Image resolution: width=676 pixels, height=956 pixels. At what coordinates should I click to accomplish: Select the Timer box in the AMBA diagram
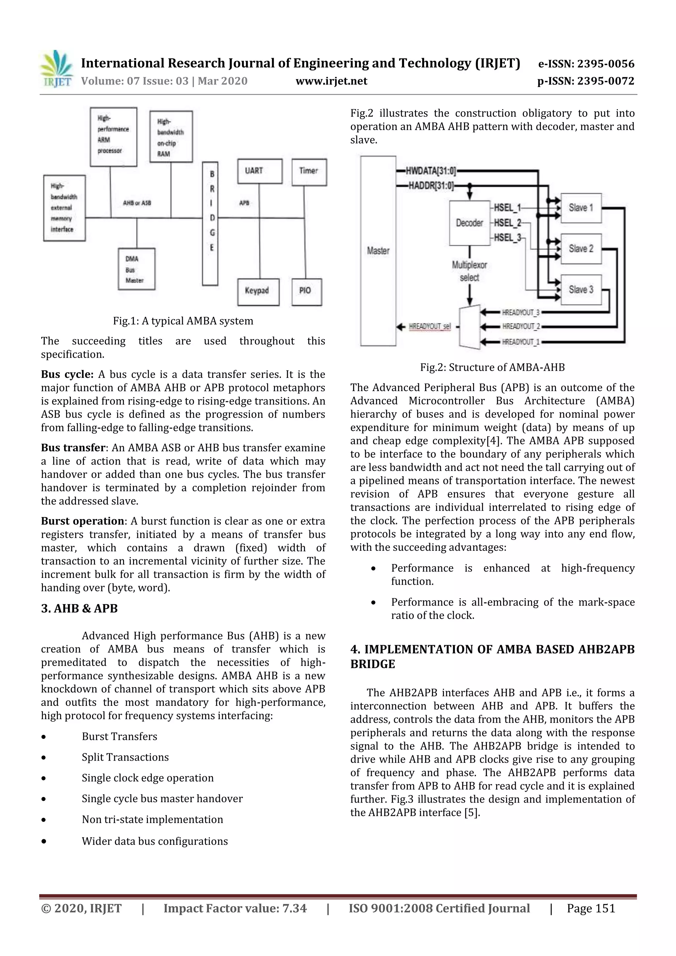tap(309, 172)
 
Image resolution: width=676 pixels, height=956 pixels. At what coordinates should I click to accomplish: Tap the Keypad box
tap(258, 291)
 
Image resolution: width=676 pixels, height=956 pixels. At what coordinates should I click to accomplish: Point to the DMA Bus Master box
tap(136, 269)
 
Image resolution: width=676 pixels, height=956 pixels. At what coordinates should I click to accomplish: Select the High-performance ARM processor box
tap(113, 137)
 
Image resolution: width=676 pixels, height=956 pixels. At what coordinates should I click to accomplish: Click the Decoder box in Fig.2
tap(469, 223)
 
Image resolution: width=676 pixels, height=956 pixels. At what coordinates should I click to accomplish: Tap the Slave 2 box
tap(581, 248)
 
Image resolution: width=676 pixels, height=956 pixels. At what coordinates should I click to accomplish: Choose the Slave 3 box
tap(581, 289)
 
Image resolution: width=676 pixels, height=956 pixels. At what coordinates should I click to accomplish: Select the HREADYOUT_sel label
tap(429, 326)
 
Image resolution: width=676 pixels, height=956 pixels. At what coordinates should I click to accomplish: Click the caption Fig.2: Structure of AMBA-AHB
tap(492, 367)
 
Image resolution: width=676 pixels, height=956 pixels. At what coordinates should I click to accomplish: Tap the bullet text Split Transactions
tap(125, 757)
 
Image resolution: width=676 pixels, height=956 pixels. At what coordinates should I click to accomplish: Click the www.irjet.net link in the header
tap(331, 81)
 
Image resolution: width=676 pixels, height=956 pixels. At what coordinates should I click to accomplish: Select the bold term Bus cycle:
tap(67, 374)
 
